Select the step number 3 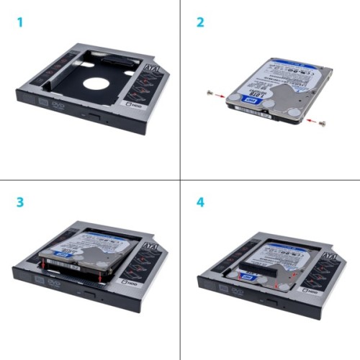pos(19,202)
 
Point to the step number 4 pos(201,202)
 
